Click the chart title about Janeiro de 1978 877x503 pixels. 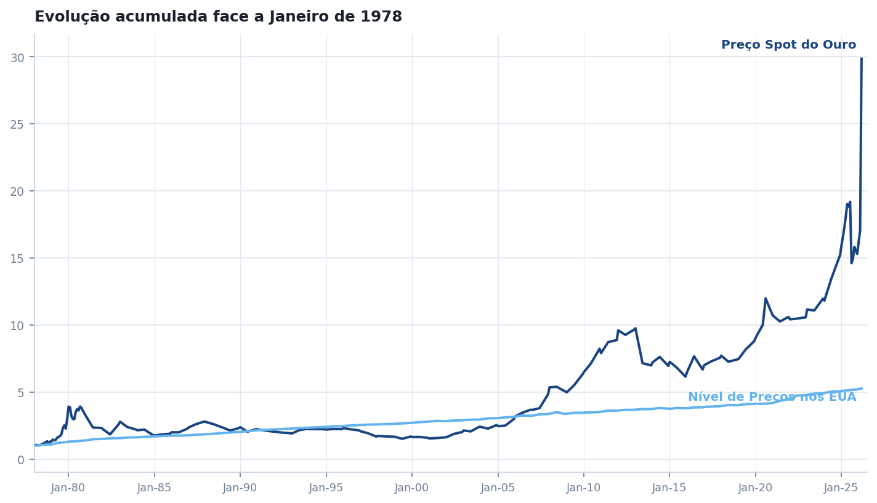coord(218,17)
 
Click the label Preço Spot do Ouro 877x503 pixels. coord(788,45)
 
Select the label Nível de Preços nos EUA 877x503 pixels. coord(772,397)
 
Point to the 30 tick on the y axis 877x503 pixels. coord(18,57)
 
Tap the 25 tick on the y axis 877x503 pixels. coord(18,124)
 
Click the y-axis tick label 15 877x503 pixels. coord(18,259)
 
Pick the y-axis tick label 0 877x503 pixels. coord(21,460)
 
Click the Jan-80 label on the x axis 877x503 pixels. coord(68,488)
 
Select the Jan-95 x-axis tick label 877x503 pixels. coord(326,488)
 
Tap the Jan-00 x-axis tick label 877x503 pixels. coord(411,488)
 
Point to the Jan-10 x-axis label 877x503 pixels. coord(583,488)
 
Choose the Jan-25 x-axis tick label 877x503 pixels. coord(841,488)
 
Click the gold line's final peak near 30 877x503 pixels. coord(861,59)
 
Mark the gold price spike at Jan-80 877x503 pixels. coord(69,406)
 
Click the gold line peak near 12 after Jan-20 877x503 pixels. coord(766,299)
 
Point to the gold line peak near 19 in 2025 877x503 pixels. coord(849,203)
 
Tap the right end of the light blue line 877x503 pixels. coord(861,388)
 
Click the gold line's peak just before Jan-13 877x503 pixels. coord(635,328)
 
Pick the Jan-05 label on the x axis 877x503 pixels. coord(498,488)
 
